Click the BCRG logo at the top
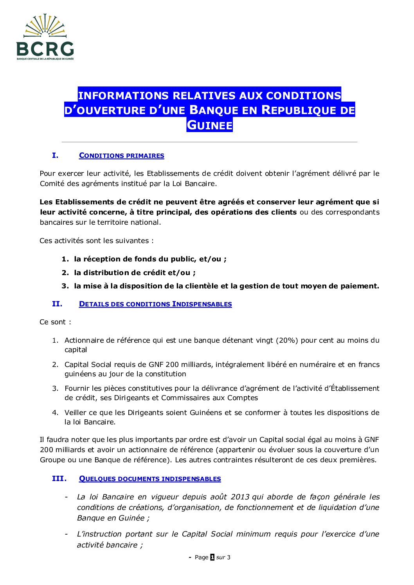(x=45, y=38)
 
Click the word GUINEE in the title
(x=209, y=125)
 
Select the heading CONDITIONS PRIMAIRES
(x=121, y=156)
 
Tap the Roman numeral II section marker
(x=57, y=304)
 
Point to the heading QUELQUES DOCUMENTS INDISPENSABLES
(x=150, y=479)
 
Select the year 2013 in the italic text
(x=240, y=497)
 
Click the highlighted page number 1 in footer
(x=212, y=557)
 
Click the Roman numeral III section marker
(x=59, y=478)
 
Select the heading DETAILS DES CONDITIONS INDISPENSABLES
(x=155, y=304)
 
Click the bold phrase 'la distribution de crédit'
(x=120, y=272)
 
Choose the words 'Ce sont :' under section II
(x=55, y=322)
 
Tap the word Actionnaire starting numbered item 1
(x=84, y=340)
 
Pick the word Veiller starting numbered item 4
(x=76, y=412)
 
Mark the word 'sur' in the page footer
(x=221, y=557)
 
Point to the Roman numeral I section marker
(x=55, y=155)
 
